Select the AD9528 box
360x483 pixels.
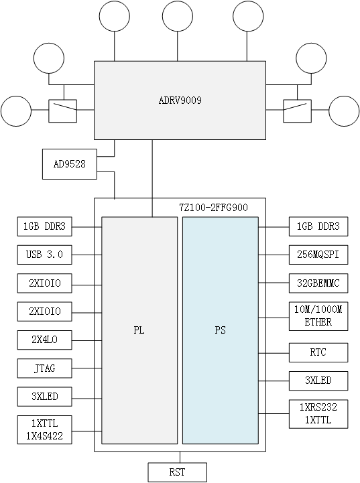[x=70, y=164]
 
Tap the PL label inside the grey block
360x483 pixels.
[x=139, y=330]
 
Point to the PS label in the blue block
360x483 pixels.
[x=220, y=330]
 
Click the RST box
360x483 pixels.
[x=177, y=472]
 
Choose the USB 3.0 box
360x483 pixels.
[x=45, y=255]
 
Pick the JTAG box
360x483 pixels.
[x=45, y=368]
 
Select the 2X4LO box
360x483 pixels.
[x=45, y=340]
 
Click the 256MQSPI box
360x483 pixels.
[x=318, y=255]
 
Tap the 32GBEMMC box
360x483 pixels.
[x=318, y=283]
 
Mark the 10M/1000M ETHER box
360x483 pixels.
[x=318, y=316]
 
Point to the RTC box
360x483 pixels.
[x=318, y=352]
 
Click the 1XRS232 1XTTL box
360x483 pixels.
[x=318, y=414]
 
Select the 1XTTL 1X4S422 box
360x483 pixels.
[x=45, y=429]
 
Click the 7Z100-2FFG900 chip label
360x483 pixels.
[x=213, y=208]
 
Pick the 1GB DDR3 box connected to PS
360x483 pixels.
[x=318, y=227]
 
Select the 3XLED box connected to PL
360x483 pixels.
[x=45, y=397]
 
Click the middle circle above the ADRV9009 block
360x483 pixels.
[x=177, y=17]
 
